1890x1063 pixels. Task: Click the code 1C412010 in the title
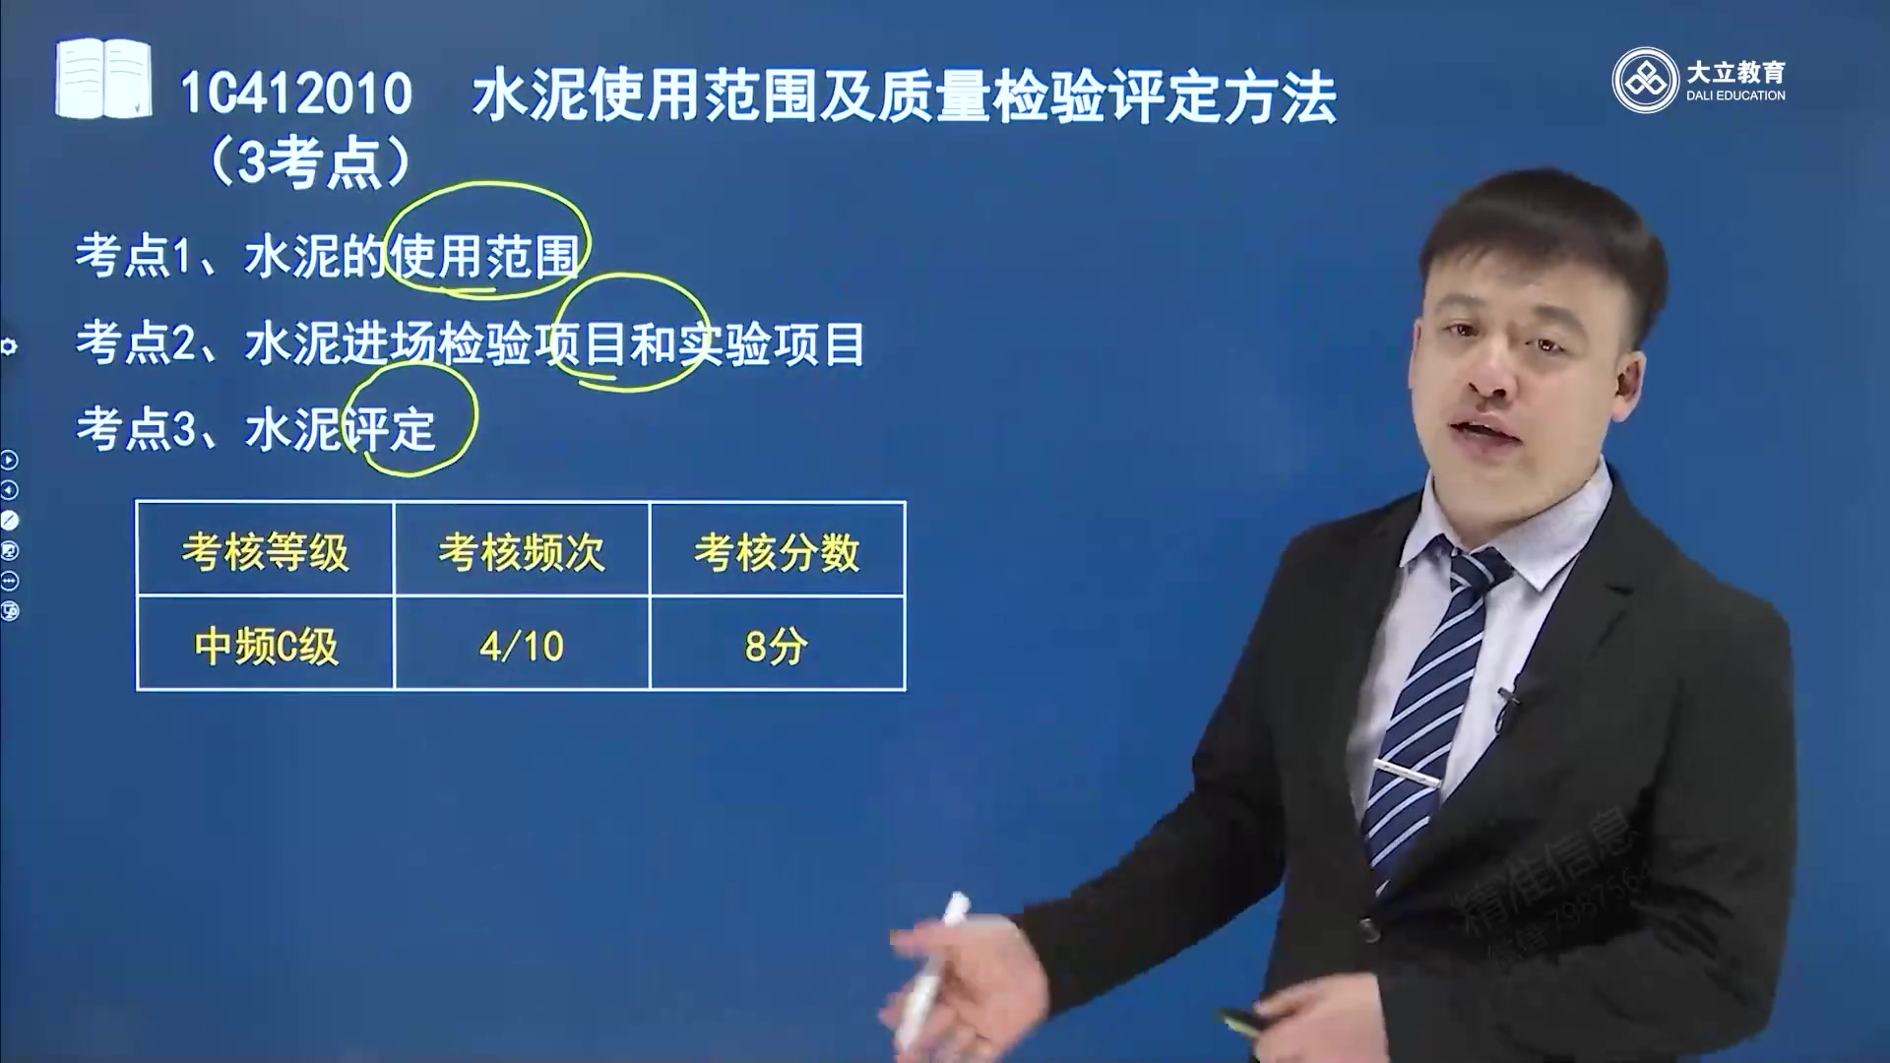[296, 94]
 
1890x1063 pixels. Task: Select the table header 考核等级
[265, 552]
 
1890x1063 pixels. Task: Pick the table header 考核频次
[521, 552]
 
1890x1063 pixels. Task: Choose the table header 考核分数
[777, 552]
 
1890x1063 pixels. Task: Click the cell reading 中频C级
[266, 647]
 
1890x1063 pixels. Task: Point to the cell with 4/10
[522, 647]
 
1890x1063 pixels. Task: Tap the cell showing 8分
[777, 647]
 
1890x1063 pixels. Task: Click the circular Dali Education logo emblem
[1645, 81]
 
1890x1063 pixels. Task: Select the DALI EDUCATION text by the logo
[1735, 95]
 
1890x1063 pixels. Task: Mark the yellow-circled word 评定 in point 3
[394, 429]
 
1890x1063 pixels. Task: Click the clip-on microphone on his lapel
[1506, 705]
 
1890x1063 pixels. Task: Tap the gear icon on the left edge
[9, 346]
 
